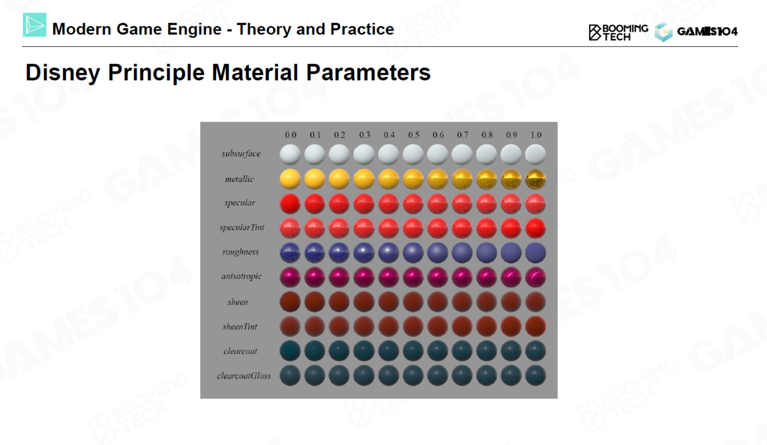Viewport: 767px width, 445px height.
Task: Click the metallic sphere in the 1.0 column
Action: pyautogui.click(x=536, y=179)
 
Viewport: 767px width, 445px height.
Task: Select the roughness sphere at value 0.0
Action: pyautogui.click(x=290, y=253)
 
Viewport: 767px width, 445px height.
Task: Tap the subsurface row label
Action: pyautogui.click(x=241, y=154)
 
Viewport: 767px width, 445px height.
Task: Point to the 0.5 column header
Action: pyautogui.click(x=413, y=135)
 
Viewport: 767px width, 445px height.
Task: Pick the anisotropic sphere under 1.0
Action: pyautogui.click(x=536, y=277)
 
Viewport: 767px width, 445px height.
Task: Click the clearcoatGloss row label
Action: pyautogui.click(x=244, y=376)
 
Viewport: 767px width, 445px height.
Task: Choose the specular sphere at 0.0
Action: pyautogui.click(x=290, y=203)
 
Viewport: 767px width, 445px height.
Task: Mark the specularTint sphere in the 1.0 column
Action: pyautogui.click(x=536, y=228)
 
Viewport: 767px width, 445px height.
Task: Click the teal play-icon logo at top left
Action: pyautogui.click(x=35, y=25)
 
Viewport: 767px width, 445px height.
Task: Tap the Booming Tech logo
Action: pyautogui.click(x=618, y=32)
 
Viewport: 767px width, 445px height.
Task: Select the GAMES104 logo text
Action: pyautogui.click(x=708, y=32)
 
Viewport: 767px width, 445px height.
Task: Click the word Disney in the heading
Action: pyautogui.click(x=63, y=73)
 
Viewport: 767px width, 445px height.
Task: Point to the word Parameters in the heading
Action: pyautogui.click(x=368, y=72)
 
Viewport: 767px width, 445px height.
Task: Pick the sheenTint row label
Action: pyautogui.click(x=240, y=326)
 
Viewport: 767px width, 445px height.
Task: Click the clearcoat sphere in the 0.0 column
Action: pyautogui.click(x=290, y=351)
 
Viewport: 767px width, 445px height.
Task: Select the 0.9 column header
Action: pyautogui.click(x=511, y=135)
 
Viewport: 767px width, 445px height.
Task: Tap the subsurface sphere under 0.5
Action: pyautogui.click(x=413, y=155)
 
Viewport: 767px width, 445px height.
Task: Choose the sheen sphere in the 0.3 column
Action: pyautogui.click(x=364, y=302)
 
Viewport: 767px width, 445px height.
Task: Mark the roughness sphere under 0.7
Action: pyautogui.click(x=462, y=253)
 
